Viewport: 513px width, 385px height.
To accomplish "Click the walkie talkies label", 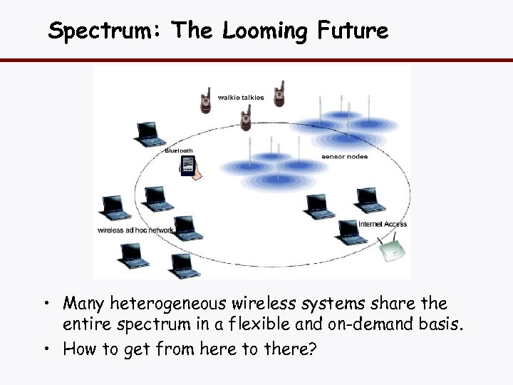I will (241, 97).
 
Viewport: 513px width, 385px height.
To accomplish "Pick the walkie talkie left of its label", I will (205, 101).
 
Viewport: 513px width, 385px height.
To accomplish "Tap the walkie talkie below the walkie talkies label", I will (246, 117).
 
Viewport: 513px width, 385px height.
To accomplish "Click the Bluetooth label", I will (179, 150).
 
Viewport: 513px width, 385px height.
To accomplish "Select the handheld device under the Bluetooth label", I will (189, 168).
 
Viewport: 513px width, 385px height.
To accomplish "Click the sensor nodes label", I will (345, 156).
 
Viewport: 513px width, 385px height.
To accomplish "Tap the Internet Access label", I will (383, 224).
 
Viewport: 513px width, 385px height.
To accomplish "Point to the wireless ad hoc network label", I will (135, 230).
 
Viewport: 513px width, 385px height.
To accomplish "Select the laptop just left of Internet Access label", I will (348, 231).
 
